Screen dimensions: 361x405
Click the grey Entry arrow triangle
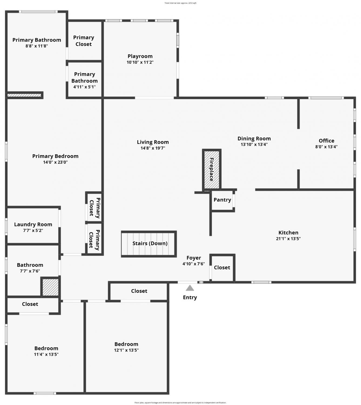click(190, 288)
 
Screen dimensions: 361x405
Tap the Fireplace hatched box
click(211, 170)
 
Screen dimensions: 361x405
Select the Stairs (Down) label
click(150, 243)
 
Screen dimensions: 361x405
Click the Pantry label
click(222, 200)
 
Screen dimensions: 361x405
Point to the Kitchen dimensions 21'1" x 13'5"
click(288, 238)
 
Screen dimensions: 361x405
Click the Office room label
click(326, 140)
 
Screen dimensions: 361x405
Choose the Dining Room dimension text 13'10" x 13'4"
click(254, 144)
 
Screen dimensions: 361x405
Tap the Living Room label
click(153, 142)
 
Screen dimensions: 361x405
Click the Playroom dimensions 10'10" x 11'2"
click(140, 62)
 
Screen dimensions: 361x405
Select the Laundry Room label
click(33, 224)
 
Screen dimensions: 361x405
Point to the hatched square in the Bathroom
click(50, 287)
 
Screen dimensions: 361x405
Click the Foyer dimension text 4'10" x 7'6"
click(194, 264)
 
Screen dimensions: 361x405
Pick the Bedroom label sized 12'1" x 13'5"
click(126, 344)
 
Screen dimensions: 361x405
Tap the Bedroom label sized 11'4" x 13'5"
click(46, 348)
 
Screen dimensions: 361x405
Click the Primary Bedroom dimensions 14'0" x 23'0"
click(55, 162)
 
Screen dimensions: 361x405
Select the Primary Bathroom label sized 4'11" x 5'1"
click(84, 77)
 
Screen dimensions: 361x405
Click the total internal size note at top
click(180, 3)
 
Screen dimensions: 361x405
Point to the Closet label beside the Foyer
click(222, 268)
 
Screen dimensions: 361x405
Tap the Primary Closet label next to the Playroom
click(83, 41)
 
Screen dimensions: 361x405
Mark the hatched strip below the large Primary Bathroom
click(24, 95)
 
